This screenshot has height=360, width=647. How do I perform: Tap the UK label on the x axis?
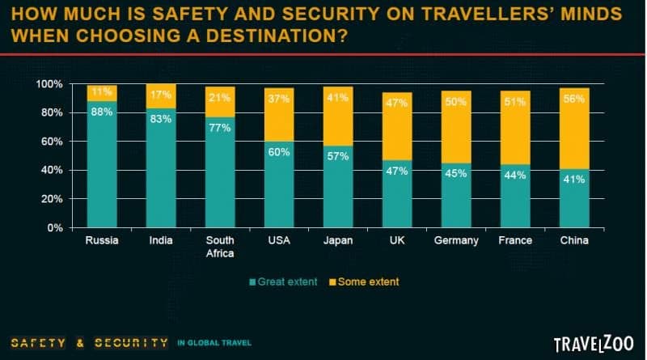point(395,241)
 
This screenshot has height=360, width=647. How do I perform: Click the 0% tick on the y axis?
point(54,227)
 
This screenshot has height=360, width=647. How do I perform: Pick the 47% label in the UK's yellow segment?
point(396,104)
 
